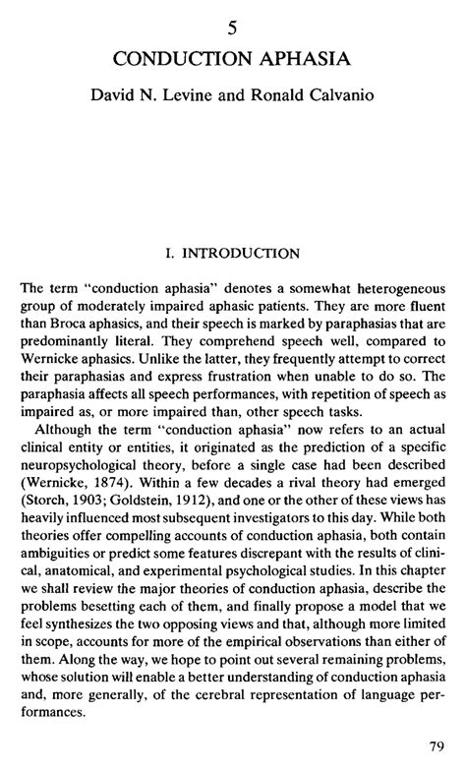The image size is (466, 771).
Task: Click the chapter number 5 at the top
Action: [x=233, y=31]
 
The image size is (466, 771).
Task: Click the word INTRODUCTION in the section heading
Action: [x=241, y=254]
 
